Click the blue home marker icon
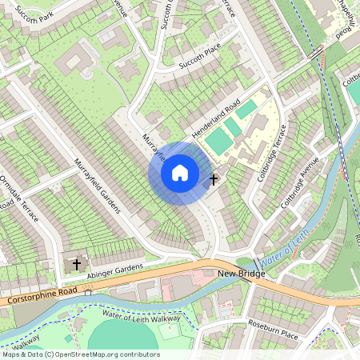click(x=180, y=173)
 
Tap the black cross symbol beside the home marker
click(x=214, y=179)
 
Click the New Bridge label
click(x=241, y=274)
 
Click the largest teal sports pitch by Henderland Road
click(x=218, y=142)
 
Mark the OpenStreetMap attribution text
click(x=80, y=354)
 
